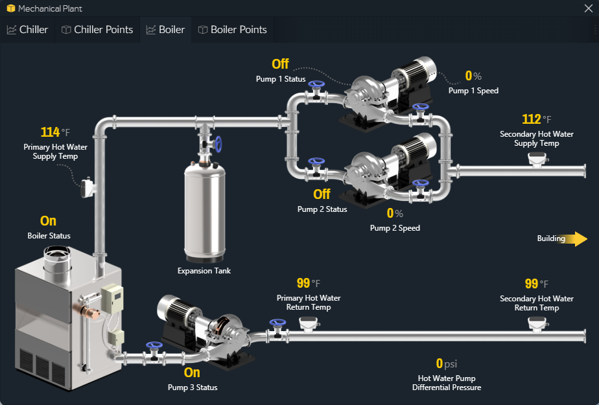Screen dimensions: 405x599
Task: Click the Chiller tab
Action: (28, 30)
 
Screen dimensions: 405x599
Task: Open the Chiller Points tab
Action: (97, 30)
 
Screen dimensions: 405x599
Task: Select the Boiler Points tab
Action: (232, 30)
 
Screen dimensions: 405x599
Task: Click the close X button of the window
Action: (588, 8)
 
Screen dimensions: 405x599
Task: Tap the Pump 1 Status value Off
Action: (280, 64)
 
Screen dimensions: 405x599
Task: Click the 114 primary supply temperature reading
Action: (51, 133)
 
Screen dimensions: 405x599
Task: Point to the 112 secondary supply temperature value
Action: (532, 119)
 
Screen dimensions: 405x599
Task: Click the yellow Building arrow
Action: (576, 238)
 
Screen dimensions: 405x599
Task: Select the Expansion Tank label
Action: (204, 271)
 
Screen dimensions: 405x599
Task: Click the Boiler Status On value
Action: (48, 222)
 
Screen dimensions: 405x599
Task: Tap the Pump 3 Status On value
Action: (192, 373)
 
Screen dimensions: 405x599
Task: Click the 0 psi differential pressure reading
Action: (440, 364)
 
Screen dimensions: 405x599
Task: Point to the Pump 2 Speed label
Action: (395, 228)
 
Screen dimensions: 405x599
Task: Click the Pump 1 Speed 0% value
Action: (469, 76)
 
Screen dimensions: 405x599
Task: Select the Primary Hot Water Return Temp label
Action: (309, 303)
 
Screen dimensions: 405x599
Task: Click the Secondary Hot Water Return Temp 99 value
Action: (532, 284)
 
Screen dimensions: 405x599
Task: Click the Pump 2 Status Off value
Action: (322, 194)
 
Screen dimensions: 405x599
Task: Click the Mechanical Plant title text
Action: (50, 8)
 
